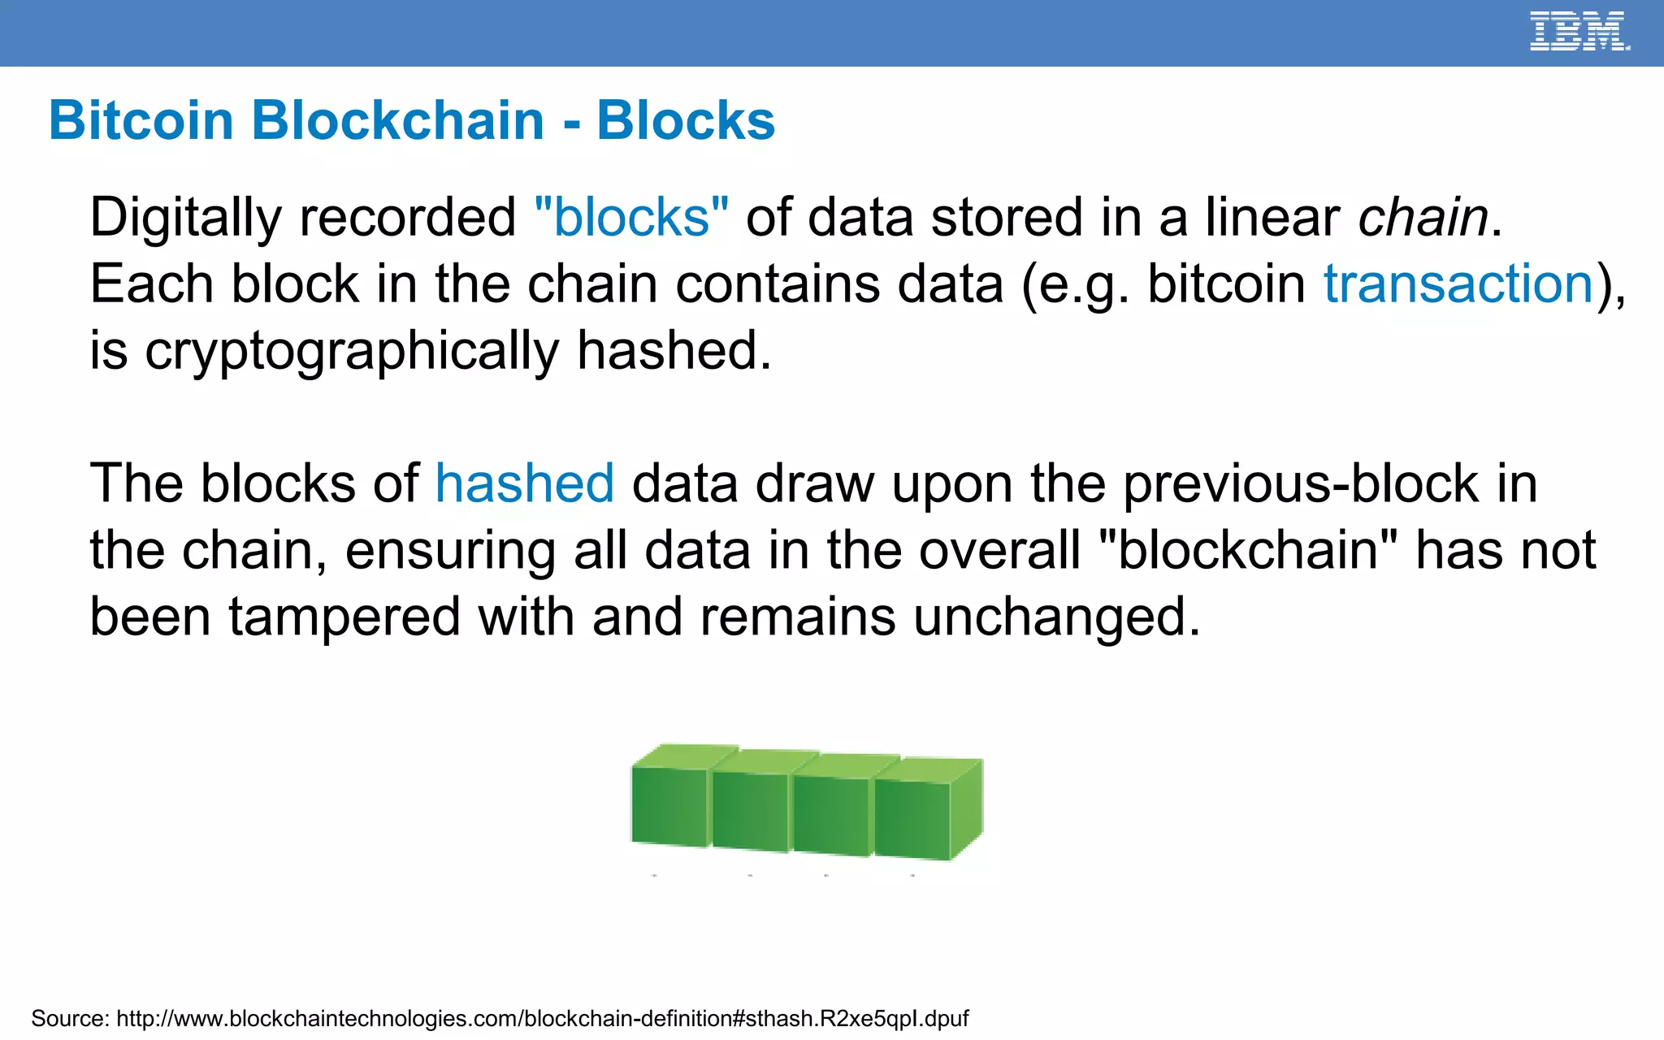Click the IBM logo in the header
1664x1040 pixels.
pos(1579,32)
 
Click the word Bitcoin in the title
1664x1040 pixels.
pos(141,121)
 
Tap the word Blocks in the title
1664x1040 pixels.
pos(686,121)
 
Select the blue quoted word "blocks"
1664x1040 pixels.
pos(631,218)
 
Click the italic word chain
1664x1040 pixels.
pos(1423,218)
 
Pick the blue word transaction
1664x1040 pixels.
pos(1458,284)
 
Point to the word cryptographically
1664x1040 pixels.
pos(351,351)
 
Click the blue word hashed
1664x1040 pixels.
pos(524,484)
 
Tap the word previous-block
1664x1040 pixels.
pos(1300,484)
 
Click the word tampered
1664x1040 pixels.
pos(344,617)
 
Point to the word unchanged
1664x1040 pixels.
pos(1056,617)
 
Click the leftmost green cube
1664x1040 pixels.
pos(668,804)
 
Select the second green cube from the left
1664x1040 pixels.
pos(749,811)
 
